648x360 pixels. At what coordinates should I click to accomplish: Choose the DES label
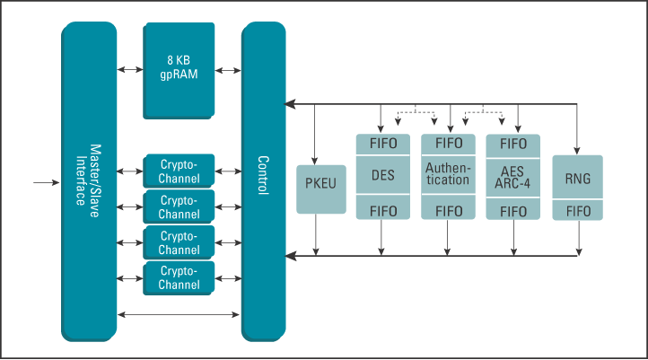(x=383, y=176)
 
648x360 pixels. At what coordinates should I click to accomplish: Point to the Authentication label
(x=448, y=174)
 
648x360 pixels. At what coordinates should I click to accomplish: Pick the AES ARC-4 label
(x=512, y=177)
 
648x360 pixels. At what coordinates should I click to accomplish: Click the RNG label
(x=577, y=179)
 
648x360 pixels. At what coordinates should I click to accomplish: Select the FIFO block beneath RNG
(x=577, y=210)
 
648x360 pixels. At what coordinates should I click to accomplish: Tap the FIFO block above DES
(x=383, y=144)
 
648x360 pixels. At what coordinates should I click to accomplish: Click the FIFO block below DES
(x=383, y=211)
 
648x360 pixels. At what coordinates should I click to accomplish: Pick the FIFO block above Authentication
(x=448, y=144)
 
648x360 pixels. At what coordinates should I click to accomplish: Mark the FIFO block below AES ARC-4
(x=512, y=211)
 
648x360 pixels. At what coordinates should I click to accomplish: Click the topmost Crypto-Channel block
(x=179, y=171)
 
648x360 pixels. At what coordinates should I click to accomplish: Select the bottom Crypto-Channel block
(x=179, y=277)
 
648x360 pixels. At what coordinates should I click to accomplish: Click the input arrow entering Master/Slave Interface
(x=46, y=183)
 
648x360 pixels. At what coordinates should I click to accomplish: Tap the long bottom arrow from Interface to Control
(x=179, y=314)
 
